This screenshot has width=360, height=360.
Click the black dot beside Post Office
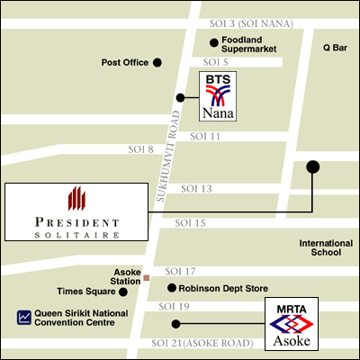[x=157, y=62]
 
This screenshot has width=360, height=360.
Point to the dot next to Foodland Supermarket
[x=213, y=42]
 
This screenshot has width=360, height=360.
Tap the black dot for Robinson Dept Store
[x=172, y=288]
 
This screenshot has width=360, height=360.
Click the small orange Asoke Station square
[x=146, y=278]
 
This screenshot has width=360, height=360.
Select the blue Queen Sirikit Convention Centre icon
[x=23, y=316]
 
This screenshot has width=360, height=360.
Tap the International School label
[x=319, y=247]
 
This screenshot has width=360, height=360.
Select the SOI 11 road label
[x=205, y=136]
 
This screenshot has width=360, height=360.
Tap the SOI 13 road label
[x=196, y=188]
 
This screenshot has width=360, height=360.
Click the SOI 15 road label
[x=190, y=222]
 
